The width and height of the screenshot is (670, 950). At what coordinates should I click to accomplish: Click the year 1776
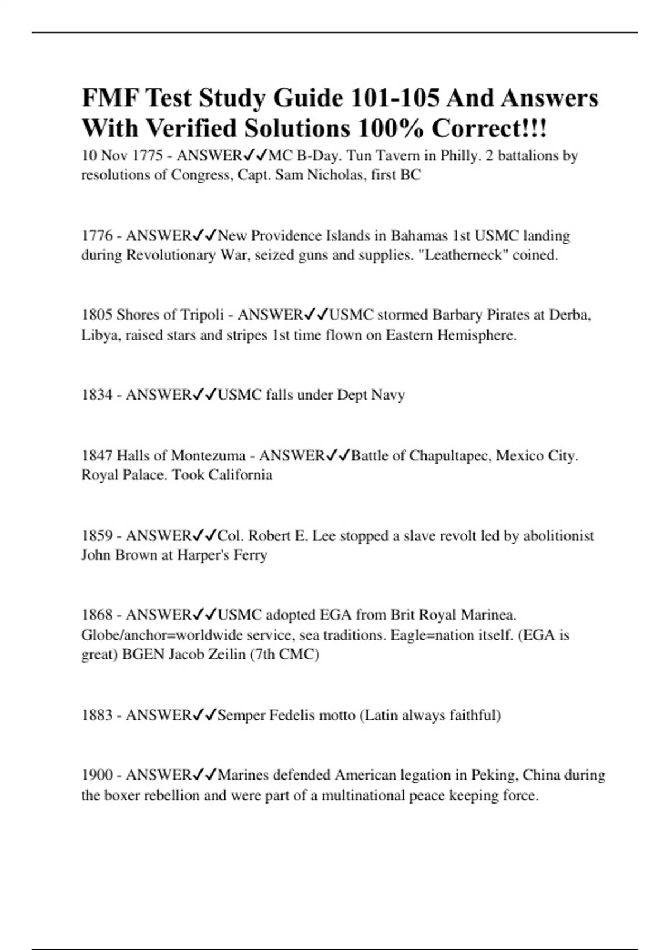[97, 236]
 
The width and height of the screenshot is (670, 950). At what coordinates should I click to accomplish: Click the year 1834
[97, 395]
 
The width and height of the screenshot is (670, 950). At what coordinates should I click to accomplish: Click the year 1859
[97, 536]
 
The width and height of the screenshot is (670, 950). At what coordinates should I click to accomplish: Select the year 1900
[97, 776]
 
